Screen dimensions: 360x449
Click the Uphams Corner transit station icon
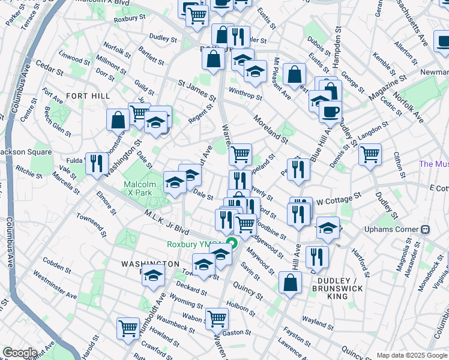425,229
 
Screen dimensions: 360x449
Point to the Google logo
20,353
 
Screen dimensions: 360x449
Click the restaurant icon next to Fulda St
97,163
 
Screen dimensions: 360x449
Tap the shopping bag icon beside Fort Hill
118,119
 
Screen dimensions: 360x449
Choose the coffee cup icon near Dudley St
330,111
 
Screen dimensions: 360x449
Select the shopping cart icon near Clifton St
370,154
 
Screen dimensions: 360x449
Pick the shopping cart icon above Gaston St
217,318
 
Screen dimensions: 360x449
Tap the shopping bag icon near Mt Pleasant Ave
294,74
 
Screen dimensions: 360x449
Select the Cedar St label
45,63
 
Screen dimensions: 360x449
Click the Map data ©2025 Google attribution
411,355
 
